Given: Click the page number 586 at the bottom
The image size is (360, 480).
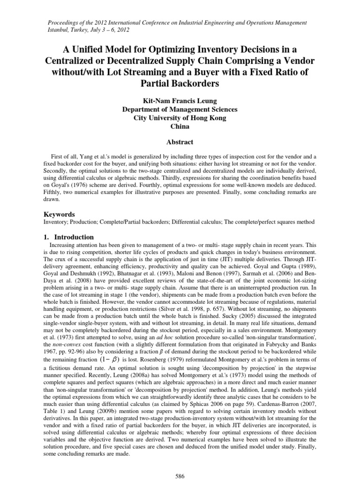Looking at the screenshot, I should [180, 476].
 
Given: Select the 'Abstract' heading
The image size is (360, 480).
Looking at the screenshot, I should [180, 142].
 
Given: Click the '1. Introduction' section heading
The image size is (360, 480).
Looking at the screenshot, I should [69, 237].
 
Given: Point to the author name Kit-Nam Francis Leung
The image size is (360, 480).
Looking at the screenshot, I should [180, 101].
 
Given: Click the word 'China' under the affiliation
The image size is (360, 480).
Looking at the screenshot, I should [180, 126].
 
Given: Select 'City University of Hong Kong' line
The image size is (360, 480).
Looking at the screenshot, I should [180, 118].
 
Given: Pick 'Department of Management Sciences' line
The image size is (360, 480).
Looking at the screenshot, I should [180, 109].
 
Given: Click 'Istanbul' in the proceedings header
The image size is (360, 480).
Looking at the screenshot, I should [59, 30].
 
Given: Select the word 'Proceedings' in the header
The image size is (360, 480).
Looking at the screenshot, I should [65, 22].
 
